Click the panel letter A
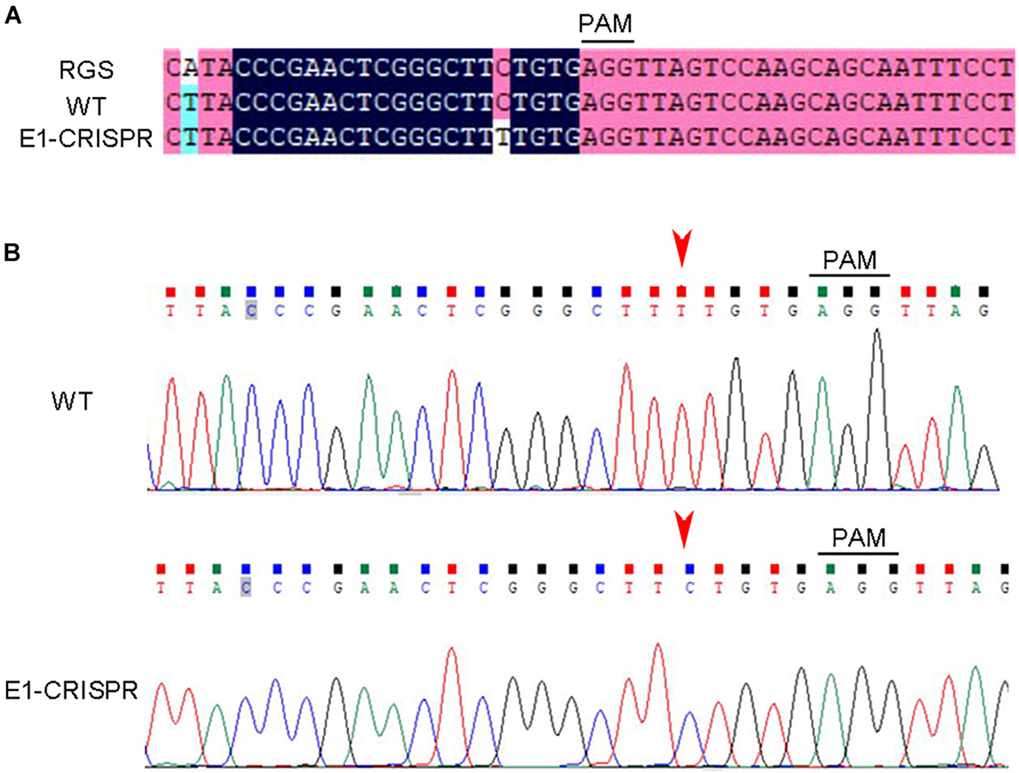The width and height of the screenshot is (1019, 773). (x=13, y=16)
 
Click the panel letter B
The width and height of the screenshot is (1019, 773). (x=12, y=252)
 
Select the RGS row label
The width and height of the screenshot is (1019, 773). (x=86, y=70)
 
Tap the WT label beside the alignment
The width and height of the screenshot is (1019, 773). (x=86, y=106)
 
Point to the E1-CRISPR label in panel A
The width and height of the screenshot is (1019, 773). (x=86, y=139)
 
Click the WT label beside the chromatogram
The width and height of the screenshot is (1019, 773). (x=72, y=401)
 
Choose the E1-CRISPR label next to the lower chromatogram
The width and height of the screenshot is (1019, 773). (x=71, y=690)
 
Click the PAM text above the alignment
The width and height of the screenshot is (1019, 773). (x=605, y=24)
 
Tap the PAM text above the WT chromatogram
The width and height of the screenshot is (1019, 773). (x=849, y=261)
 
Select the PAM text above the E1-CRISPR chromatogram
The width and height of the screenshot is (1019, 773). (x=859, y=538)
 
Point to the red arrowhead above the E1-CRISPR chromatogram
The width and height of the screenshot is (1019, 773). (x=684, y=529)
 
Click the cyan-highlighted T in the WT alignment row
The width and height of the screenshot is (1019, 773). (x=190, y=103)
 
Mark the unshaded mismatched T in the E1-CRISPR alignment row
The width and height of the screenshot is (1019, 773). (x=502, y=137)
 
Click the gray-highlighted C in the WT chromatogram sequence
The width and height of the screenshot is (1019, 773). (x=251, y=311)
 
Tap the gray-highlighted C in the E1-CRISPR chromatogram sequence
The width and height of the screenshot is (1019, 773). (x=246, y=588)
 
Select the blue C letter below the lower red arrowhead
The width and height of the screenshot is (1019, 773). (x=689, y=588)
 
